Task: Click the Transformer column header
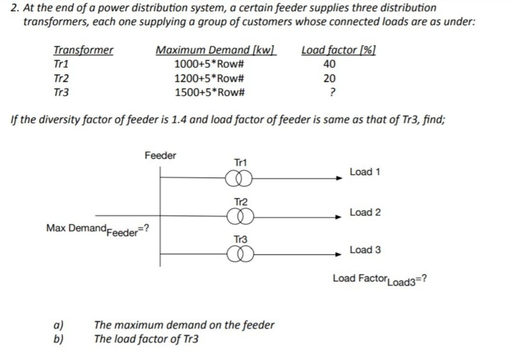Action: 83,50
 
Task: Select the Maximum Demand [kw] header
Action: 216,50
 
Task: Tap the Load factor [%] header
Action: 339,50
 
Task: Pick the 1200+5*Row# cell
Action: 209,79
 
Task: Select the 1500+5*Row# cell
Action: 209,92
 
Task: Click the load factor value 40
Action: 329,64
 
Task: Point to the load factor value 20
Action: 329,79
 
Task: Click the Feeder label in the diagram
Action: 160,155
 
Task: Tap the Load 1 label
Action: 365,172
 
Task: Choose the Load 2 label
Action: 365,212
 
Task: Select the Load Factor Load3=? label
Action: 379,280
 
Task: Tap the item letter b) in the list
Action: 59,339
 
